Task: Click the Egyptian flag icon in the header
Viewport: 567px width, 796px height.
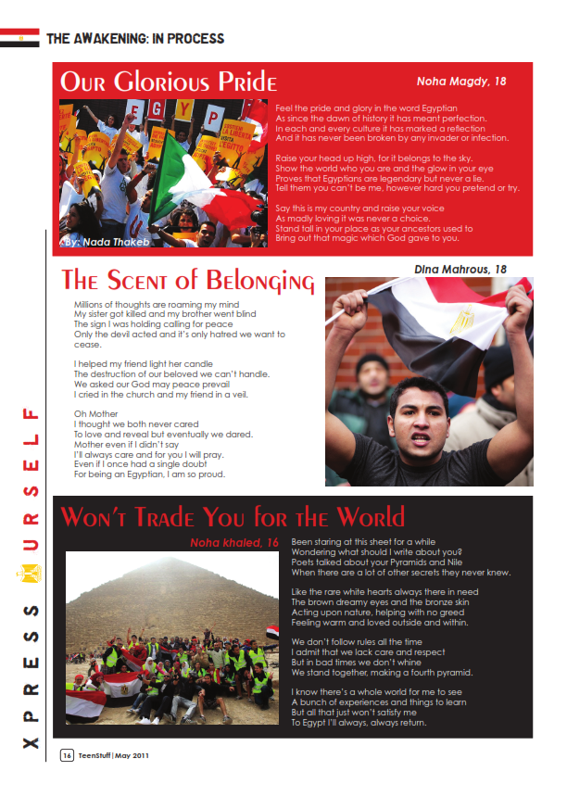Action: [x=19, y=38]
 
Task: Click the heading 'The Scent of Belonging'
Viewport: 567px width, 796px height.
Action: [x=188, y=281]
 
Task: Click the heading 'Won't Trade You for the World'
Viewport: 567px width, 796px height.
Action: [x=233, y=516]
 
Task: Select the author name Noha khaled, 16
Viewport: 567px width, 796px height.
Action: [x=234, y=542]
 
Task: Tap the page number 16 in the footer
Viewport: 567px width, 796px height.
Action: [x=68, y=755]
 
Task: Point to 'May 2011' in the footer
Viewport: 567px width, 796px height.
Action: [x=131, y=755]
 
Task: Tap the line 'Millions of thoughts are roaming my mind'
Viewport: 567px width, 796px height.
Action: [x=157, y=304]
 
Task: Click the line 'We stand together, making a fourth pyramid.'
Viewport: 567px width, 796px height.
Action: [x=383, y=673]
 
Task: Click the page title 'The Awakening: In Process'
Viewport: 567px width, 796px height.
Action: [x=135, y=39]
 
